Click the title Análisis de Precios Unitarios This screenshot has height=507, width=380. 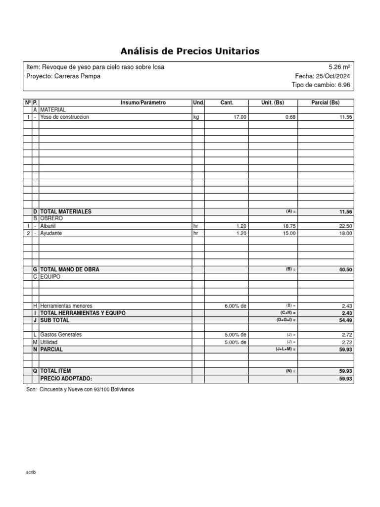(x=190, y=51)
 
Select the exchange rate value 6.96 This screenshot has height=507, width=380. (x=344, y=85)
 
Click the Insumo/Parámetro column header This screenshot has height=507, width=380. (x=143, y=103)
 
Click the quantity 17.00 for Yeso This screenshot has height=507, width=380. (x=239, y=117)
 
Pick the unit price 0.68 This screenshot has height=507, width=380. (x=290, y=117)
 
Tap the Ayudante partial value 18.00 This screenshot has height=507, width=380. (x=346, y=233)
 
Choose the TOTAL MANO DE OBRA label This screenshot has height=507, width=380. (x=69, y=270)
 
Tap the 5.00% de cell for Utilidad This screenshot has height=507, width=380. (x=236, y=342)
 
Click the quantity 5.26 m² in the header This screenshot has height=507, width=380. (x=339, y=67)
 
